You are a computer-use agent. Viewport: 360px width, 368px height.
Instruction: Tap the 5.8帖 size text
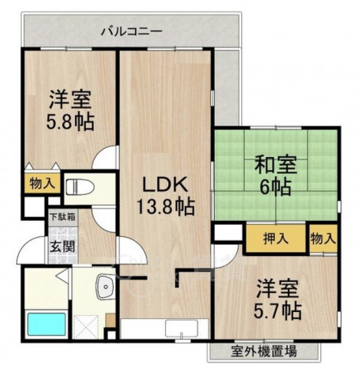click(71, 122)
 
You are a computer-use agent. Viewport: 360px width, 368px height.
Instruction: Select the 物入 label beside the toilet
click(42, 183)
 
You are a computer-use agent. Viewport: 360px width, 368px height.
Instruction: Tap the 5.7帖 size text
click(276, 311)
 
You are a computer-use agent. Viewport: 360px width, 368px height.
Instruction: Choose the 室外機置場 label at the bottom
click(263, 353)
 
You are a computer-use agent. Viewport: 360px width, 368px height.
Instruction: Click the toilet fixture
click(81, 187)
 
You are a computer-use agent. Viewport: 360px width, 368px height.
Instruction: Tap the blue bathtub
click(45, 325)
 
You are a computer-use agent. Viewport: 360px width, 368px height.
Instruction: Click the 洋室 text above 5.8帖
click(71, 100)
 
